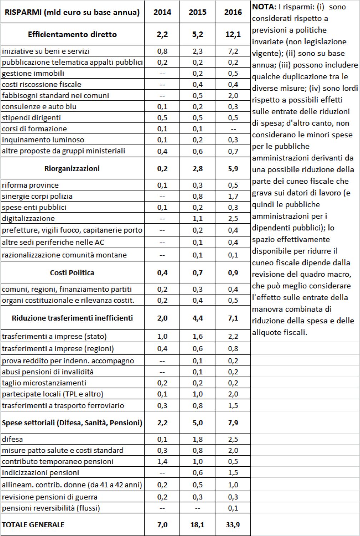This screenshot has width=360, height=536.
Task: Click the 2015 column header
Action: coord(197,12)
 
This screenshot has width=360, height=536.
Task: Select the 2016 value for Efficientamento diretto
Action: coord(233,34)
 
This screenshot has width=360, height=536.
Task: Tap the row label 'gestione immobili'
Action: coord(33,73)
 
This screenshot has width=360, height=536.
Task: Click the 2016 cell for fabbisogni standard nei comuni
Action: coord(233,95)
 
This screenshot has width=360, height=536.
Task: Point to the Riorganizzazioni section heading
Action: coord(72,168)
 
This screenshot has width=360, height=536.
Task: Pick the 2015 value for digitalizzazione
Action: coord(197,218)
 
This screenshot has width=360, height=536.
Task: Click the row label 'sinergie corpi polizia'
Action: coord(37,196)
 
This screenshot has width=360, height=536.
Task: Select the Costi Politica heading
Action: coord(72,273)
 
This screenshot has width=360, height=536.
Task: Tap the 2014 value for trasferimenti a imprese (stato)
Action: coord(162,336)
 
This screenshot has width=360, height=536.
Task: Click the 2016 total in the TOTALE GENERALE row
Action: coord(233,525)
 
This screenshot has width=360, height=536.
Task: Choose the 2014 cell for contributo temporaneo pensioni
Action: coord(162,461)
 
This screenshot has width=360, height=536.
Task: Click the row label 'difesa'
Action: coord(12,439)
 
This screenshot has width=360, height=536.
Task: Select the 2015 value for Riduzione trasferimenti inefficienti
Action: coord(197,318)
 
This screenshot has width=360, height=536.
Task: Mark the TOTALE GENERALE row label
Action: coord(33,525)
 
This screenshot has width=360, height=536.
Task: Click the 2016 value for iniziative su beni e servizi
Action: coord(233,51)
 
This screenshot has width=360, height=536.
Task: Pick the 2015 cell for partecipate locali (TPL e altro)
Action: coord(197,394)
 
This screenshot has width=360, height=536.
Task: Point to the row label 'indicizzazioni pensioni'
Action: coord(40,472)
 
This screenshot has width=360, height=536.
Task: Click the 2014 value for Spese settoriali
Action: coord(162,423)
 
